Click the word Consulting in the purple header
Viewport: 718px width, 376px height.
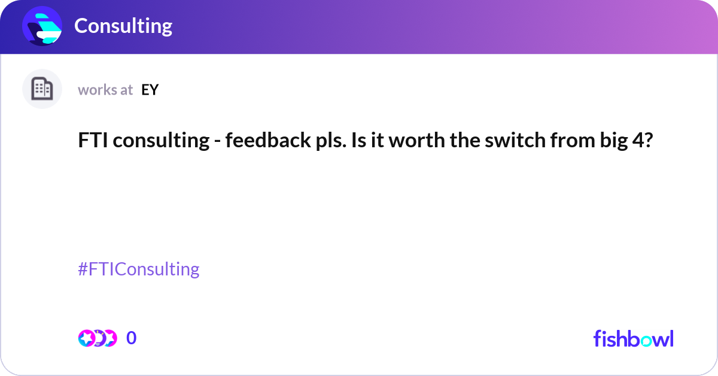[123, 26]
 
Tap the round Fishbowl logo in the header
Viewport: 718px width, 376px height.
[42, 26]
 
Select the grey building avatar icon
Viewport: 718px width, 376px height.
[42, 89]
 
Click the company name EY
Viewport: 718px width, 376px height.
[150, 90]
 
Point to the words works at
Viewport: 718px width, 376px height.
[105, 90]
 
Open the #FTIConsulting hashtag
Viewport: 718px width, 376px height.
[139, 269]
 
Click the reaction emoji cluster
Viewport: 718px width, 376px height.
[97, 338]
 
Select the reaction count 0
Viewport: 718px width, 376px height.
[132, 338]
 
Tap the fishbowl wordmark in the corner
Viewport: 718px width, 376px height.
[633, 338]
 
